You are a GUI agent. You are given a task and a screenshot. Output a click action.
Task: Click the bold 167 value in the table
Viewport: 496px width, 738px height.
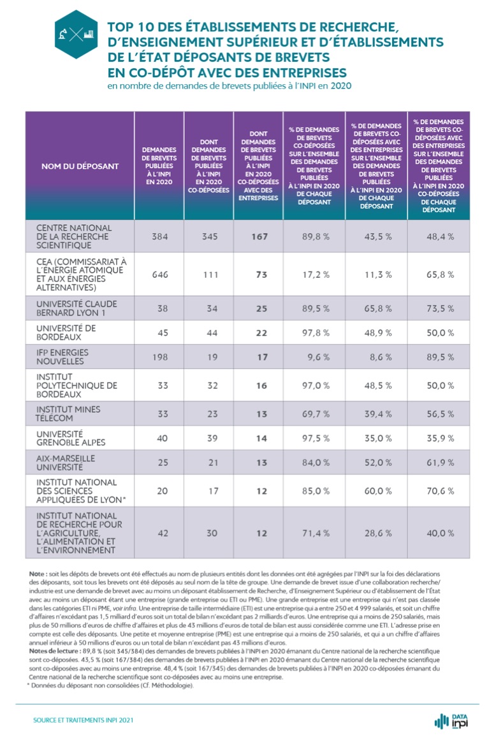coord(258,236)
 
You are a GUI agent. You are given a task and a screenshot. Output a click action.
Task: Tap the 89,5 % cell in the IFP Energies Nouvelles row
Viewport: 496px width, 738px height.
coord(440,358)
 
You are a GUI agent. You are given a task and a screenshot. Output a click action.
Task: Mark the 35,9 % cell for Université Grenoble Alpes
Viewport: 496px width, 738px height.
coord(440,438)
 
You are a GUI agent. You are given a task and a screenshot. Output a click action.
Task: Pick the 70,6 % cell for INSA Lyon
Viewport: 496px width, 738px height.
coord(440,491)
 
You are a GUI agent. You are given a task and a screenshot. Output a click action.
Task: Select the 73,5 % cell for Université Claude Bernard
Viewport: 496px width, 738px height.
coord(440,308)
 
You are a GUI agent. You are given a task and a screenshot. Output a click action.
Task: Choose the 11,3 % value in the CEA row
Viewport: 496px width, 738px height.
coord(377,275)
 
